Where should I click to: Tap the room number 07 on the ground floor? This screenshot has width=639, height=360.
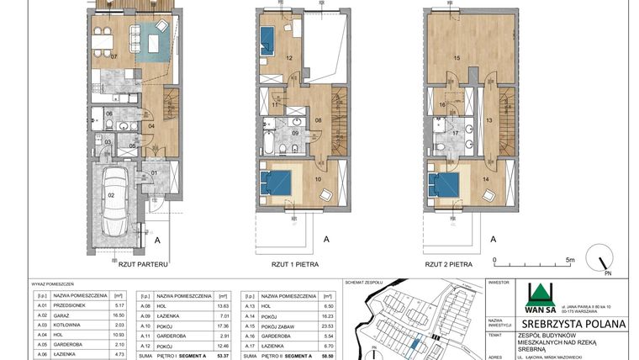click(x=114, y=56)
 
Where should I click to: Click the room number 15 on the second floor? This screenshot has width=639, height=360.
click(x=457, y=57)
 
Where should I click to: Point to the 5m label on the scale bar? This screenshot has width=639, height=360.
click(x=569, y=261)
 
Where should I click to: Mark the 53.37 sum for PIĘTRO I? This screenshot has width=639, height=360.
click(x=223, y=356)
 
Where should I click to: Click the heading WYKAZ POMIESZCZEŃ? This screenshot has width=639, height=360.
click(x=53, y=284)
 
